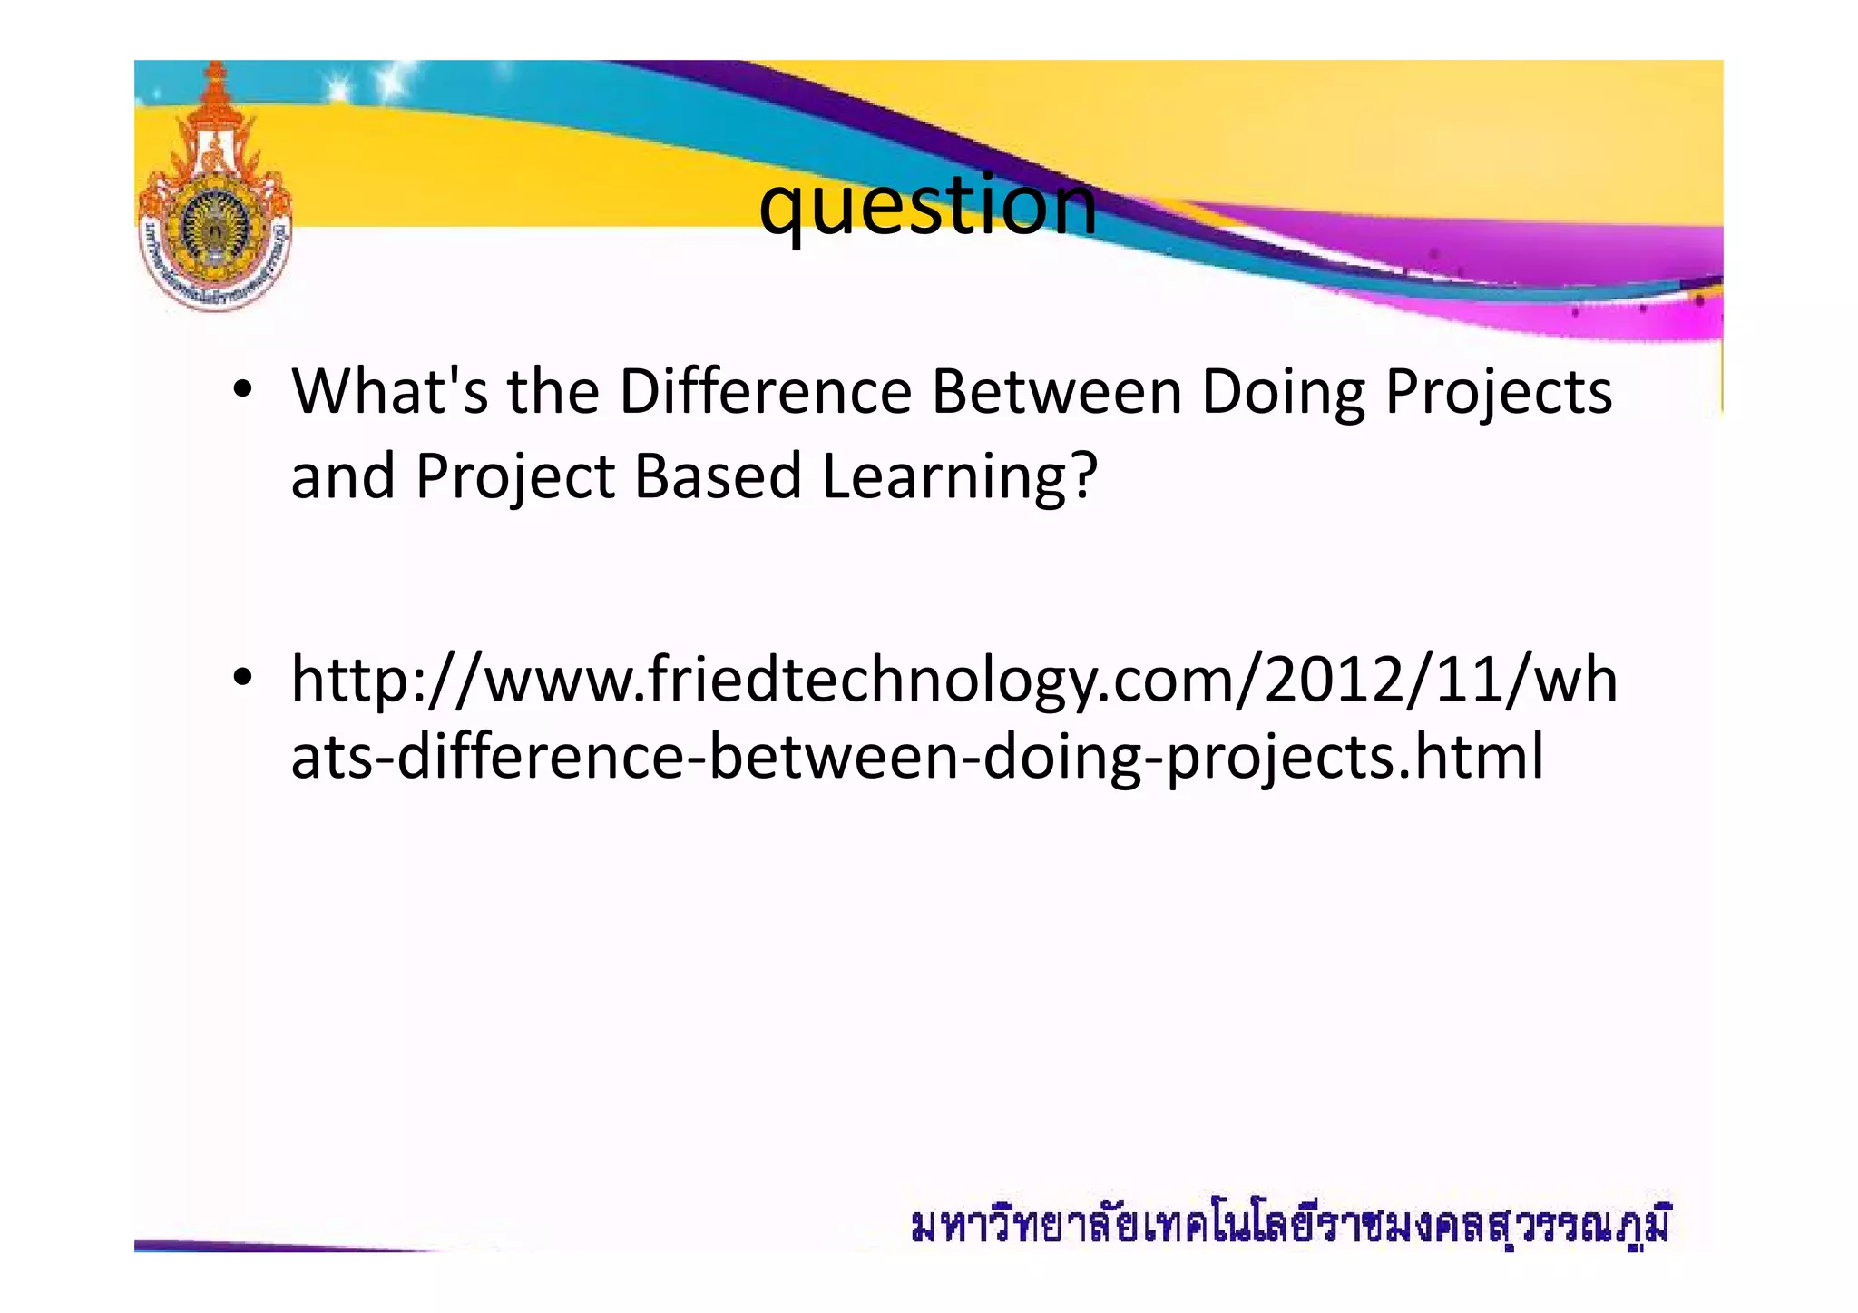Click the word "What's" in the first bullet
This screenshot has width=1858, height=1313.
pos(389,392)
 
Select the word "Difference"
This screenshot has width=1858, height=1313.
pos(765,392)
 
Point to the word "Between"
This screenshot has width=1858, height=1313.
pos(1056,392)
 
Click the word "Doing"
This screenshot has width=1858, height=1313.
pos(1283,394)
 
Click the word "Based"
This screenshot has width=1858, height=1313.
pos(718,475)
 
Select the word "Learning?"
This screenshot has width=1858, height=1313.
pos(960,477)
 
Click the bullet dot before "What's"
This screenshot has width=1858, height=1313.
pos(241,392)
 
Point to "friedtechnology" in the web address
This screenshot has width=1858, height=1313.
pos(872,681)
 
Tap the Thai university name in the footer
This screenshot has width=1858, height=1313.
pos(1289,1226)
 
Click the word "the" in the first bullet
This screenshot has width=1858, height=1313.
pos(553,392)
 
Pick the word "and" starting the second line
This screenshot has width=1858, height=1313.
pos(342,475)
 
